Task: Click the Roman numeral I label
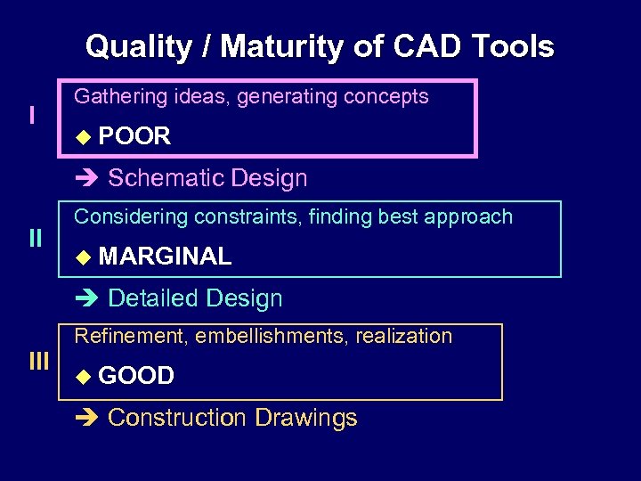[32, 117]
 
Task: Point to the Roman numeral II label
[35, 238]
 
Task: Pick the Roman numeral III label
[38, 361]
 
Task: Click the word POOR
[134, 136]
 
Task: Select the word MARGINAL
[165, 257]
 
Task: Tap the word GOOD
[136, 376]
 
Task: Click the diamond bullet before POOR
[83, 137]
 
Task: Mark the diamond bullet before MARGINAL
[83, 257]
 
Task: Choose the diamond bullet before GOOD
[83, 377]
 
